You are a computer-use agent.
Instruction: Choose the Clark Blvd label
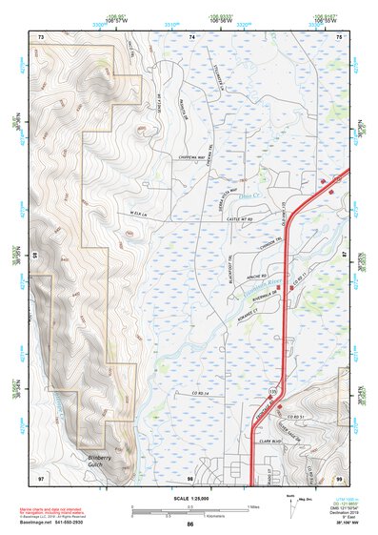tap(273, 442)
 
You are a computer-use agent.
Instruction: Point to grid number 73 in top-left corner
tap(41, 36)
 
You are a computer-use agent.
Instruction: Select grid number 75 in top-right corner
tap(341, 36)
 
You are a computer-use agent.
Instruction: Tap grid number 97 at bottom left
tap(41, 476)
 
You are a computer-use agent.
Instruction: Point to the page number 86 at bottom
tap(190, 525)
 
